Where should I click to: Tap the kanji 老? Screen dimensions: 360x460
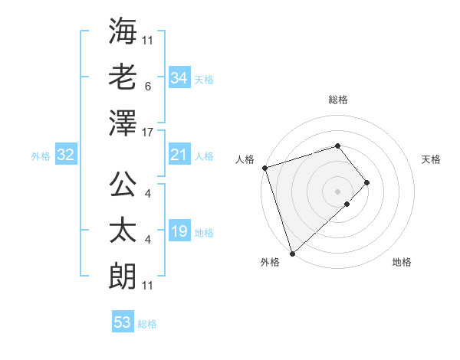123,77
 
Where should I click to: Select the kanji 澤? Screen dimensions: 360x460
123,122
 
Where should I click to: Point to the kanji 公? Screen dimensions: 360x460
123,185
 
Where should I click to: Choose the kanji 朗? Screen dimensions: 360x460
123,273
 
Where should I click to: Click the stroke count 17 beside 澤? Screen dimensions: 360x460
148,133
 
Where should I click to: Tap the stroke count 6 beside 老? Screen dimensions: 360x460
147,87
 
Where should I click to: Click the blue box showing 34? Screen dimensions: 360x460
179,78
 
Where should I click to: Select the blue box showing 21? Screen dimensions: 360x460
179,155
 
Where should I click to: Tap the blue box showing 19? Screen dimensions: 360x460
179,231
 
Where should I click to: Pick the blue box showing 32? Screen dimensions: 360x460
65,155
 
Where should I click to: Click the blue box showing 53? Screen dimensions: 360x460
122,322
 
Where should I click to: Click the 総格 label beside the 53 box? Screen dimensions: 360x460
147,324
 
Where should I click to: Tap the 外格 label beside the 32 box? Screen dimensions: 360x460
41,156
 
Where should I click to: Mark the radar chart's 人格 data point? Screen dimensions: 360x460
264,167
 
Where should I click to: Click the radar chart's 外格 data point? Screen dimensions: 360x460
292,252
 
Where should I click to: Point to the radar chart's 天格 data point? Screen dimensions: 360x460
367,182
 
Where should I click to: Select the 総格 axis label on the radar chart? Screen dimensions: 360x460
337,100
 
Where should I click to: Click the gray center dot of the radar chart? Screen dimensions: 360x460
337,190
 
